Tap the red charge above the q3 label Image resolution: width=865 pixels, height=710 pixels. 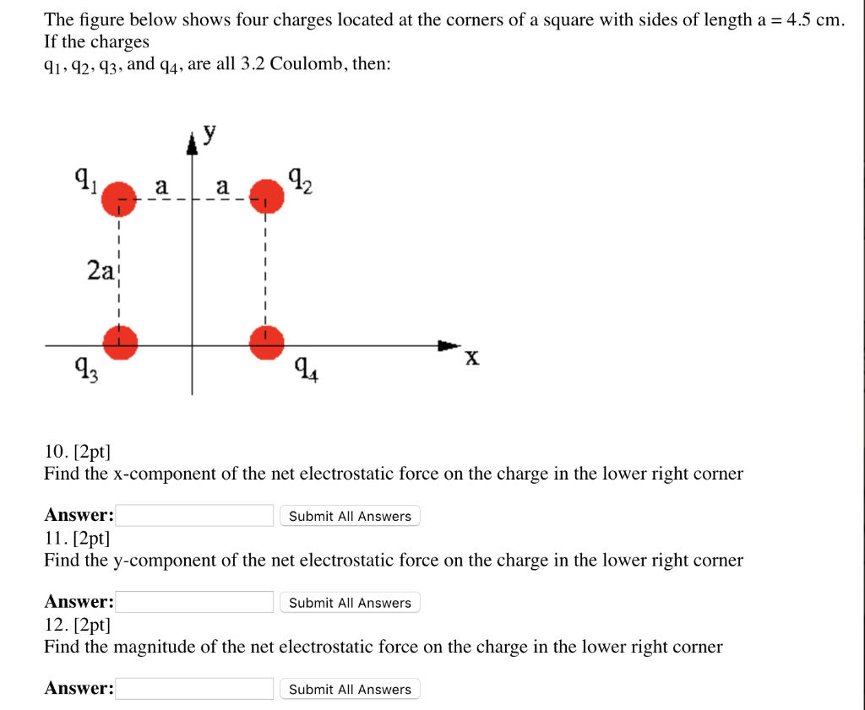(120, 342)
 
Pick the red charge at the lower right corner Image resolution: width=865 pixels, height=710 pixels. (266, 341)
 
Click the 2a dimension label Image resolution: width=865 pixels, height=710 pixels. (101, 270)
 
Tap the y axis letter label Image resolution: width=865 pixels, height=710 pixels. (209, 133)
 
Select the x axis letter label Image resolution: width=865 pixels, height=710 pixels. (472, 359)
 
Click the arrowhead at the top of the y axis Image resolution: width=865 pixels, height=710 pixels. (192, 144)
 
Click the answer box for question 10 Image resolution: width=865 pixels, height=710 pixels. (194, 515)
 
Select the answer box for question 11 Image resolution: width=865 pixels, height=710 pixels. (194, 602)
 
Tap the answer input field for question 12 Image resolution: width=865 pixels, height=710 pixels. (194, 689)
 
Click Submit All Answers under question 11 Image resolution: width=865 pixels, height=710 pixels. (350, 603)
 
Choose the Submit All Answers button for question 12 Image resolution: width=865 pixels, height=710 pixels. (350, 690)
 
